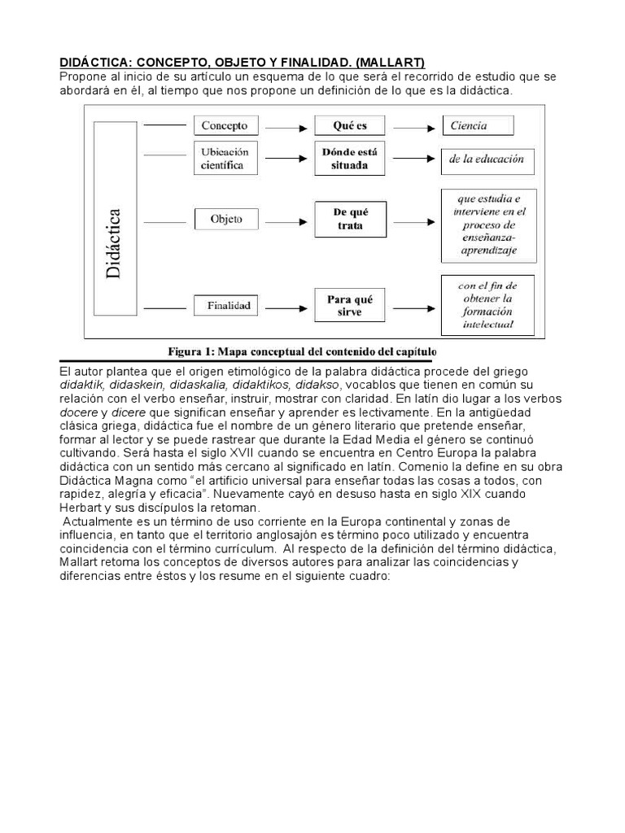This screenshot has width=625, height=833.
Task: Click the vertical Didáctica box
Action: tap(114, 219)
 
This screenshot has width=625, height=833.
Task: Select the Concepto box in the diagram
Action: tap(225, 126)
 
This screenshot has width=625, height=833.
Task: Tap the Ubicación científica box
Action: tap(225, 158)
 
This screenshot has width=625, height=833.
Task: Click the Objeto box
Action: tap(225, 219)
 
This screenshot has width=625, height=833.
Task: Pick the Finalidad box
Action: tap(225, 307)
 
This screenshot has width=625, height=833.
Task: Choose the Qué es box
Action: tap(350, 126)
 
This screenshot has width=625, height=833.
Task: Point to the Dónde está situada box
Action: tap(350, 159)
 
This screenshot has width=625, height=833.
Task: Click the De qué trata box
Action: tap(350, 219)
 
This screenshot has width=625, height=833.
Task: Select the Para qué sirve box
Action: tap(350, 306)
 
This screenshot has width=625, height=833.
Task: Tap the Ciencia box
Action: tap(478, 125)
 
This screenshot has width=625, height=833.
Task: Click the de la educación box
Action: tap(487, 159)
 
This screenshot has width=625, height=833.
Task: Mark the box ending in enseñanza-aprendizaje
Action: tap(487, 225)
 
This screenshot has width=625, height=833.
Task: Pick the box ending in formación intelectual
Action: tap(487, 305)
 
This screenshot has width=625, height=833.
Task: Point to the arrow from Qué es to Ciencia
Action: tap(411, 127)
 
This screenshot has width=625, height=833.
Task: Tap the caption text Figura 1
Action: tap(193, 351)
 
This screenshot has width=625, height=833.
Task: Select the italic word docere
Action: tap(79, 413)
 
